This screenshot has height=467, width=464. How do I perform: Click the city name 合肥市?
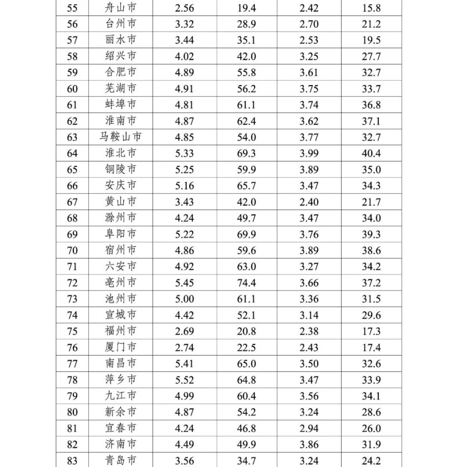(121, 72)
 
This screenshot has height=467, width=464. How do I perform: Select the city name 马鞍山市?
(121, 137)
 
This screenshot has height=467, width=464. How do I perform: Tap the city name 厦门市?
(121, 347)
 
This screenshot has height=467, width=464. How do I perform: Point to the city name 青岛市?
(121, 460)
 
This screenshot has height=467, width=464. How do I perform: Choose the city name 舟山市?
(121, 8)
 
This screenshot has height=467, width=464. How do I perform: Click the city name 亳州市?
(121, 283)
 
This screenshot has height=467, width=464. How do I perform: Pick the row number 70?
(72, 251)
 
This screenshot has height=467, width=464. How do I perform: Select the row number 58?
(72, 57)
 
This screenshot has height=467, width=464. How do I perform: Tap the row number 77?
(72, 364)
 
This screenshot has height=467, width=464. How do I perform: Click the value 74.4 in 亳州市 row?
(246, 283)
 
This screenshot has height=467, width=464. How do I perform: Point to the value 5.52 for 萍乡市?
(185, 380)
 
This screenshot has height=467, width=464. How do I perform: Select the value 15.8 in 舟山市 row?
(371, 8)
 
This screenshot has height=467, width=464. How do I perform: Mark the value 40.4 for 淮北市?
(371, 154)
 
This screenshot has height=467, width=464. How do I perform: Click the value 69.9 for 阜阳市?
(246, 234)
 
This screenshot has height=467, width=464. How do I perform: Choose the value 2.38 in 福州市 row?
(309, 331)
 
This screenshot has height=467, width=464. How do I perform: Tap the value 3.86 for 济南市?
(309, 444)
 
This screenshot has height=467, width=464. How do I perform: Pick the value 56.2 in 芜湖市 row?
(246, 89)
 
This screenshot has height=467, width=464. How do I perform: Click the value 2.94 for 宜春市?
(309, 428)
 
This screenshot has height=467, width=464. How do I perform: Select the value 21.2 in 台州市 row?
(371, 24)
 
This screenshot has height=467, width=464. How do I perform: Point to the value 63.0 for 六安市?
(246, 267)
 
